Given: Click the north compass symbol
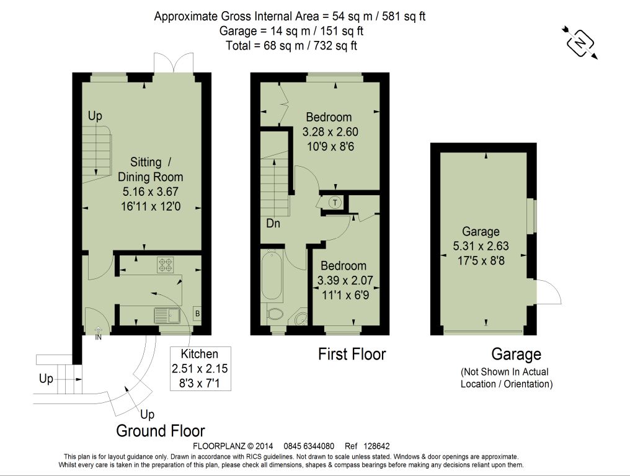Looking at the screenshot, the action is pos(580,43).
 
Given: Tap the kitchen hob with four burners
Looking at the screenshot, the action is pos(166,264).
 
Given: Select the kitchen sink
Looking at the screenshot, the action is pos(167,315).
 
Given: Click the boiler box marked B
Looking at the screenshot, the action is pos(197,314).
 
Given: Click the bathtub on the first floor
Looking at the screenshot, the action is pos(272,276).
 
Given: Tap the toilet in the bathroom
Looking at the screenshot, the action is pos(275,314).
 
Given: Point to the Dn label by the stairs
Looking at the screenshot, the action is pos(273,223).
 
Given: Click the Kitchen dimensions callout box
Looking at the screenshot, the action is pos(200,368).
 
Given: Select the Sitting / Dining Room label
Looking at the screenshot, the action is pos(151,169).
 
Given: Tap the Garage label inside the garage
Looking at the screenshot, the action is pos(481,231).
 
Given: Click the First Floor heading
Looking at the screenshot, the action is pos(352,354).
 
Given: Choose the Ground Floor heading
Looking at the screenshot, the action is pos(161,431).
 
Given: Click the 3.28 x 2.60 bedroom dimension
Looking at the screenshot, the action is pos(331,132).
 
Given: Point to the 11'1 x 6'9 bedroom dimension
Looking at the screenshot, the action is pos(345,295).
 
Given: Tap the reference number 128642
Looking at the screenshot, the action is pos(376,446).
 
